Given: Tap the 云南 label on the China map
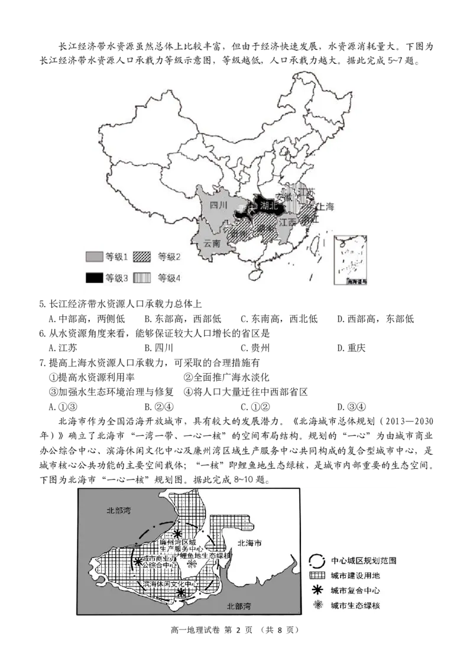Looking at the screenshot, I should [x=212, y=243].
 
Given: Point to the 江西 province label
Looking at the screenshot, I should [x=287, y=222].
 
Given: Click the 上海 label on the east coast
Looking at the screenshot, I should [x=326, y=207].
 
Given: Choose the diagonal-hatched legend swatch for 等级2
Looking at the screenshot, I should [x=141, y=257].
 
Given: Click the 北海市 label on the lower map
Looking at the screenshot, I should [x=250, y=542].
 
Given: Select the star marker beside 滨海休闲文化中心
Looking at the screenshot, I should [x=181, y=592].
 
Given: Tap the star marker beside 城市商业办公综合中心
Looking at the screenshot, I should [x=138, y=562].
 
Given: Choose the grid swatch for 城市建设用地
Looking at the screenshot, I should [x=318, y=575].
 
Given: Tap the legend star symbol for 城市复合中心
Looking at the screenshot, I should [x=318, y=590].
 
